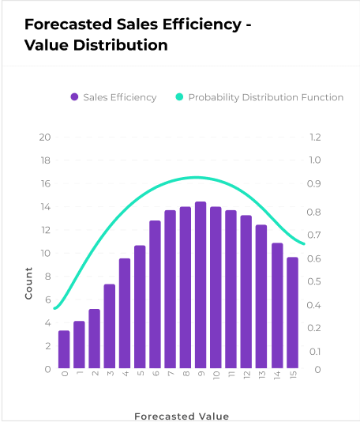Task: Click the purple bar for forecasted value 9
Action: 201,284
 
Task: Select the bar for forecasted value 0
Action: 64,349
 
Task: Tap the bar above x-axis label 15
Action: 293,313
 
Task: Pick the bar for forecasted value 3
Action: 110,326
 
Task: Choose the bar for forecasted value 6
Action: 155,295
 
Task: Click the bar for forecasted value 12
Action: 246,292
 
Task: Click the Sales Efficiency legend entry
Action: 114,97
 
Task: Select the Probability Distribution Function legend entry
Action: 260,97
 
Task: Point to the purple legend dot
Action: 74,97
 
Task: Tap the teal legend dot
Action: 179,97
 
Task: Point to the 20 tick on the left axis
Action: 45,138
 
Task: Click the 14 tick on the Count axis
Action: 45,207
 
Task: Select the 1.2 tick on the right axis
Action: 315,138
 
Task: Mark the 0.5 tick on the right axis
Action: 314,281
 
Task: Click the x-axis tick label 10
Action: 216,375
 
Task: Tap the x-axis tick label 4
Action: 125,374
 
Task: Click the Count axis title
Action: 28,284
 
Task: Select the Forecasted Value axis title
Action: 182,416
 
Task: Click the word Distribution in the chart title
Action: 121,45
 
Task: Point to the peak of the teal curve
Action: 197,177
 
